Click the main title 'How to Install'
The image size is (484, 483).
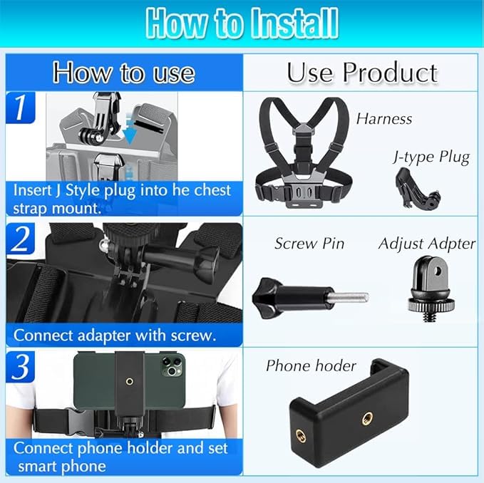[242, 24]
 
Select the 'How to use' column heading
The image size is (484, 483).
[123, 73]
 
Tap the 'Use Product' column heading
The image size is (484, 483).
[362, 73]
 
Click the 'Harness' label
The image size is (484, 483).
[384, 119]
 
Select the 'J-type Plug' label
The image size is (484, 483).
[432, 157]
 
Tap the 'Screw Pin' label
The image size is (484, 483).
[309, 244]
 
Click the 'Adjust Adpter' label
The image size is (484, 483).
[426, 244]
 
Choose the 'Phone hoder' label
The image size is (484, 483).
[311, 366]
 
